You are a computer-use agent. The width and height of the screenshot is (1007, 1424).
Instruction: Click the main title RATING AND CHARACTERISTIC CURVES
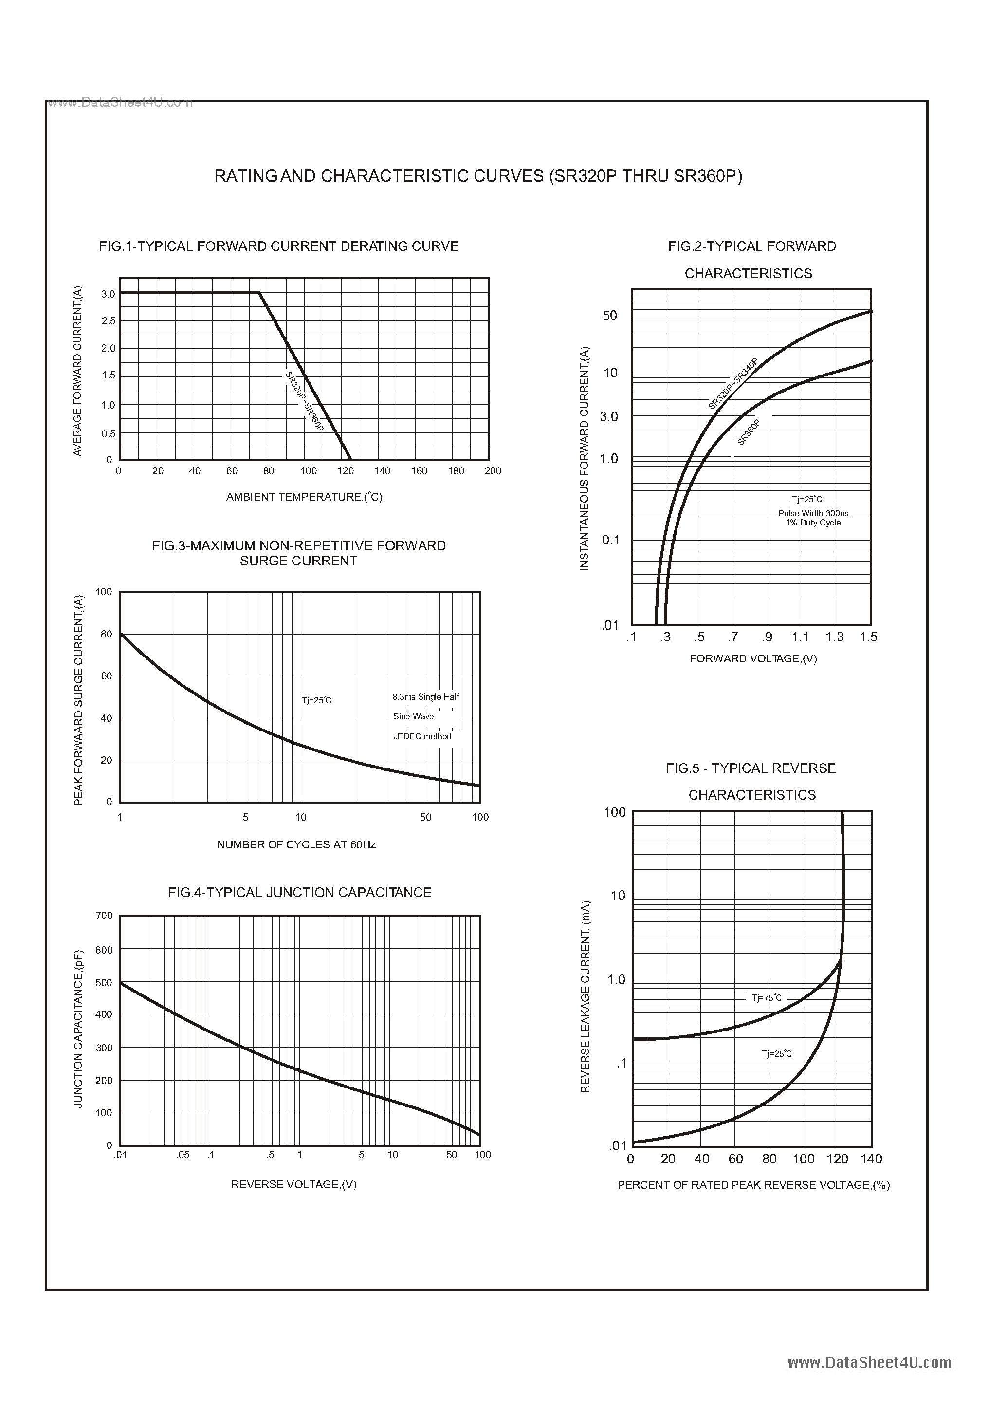(477, 177)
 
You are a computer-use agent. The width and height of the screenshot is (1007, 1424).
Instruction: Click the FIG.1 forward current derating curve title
(278, 246)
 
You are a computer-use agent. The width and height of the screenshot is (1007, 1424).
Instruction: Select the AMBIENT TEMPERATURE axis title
(304, 497)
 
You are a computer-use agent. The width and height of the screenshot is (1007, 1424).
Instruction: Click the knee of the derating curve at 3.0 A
(259, 293)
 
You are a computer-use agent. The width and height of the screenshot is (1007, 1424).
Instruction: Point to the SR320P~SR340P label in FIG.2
(733, 383)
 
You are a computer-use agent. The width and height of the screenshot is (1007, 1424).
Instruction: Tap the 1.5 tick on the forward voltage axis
(868, 637)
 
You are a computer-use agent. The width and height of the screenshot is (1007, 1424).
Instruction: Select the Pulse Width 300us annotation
(813, 514)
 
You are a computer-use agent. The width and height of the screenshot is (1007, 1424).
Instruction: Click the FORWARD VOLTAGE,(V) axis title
(753, 659)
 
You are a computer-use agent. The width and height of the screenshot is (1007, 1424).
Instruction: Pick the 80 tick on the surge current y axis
(107, 634)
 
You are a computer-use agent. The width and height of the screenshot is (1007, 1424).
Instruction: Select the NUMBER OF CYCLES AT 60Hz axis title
(296, 844)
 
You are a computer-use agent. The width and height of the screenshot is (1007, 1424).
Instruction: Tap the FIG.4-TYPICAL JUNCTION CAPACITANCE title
(299, 892)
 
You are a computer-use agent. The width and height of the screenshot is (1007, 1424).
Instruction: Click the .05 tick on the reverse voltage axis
(183, 1155)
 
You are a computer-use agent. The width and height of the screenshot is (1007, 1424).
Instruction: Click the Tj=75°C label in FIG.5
(767, 998)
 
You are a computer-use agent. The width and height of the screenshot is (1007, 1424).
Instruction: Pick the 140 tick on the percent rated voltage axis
(871, 1159)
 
